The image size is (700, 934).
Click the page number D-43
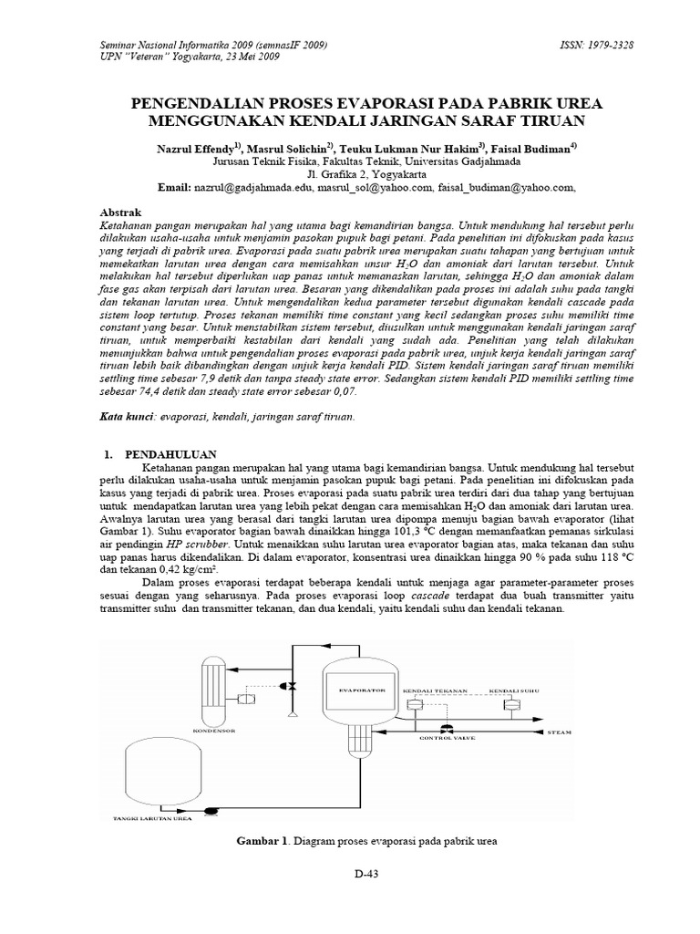[366, 874]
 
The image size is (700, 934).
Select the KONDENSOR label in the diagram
[214, 731]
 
